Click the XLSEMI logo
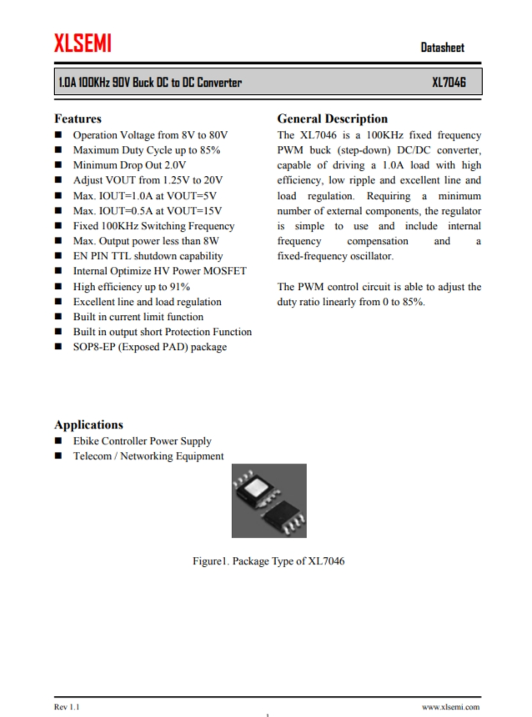(83, 43)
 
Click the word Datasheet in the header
(442, 48)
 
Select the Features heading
(78, 118)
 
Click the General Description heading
(332, 118)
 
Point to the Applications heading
(88, 424)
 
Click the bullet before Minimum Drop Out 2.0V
(59, 165)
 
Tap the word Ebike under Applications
(88, 441)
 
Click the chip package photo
(269, 500)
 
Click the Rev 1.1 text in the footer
(67, 707)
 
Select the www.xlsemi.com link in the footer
(450, 707)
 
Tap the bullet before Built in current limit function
(59, 317)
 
